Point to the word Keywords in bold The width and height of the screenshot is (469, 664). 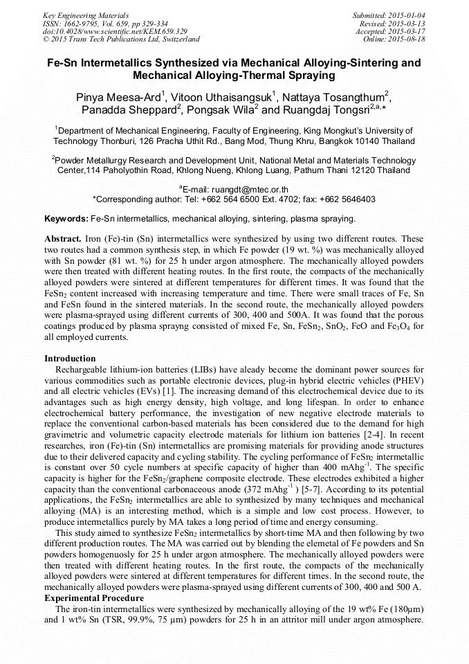pos(66,219)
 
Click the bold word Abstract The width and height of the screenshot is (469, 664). pos(63,237)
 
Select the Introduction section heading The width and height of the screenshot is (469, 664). pos(70,359)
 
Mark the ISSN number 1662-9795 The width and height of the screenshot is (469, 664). pos(81,24)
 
